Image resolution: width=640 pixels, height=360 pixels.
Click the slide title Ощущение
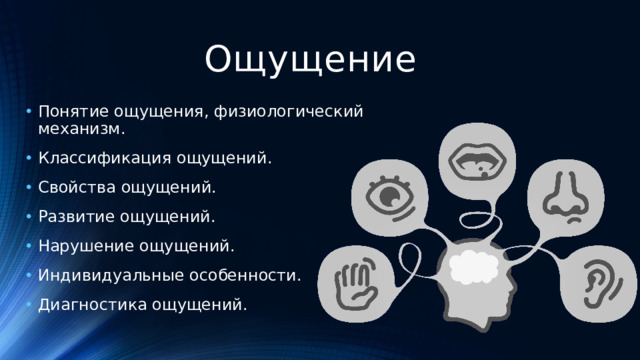(x=310, y=59)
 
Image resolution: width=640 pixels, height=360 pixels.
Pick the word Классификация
(x=104, y=158)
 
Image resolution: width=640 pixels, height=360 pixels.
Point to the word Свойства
(x=73, y=187)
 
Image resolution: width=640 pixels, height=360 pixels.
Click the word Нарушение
(x=80, y=245)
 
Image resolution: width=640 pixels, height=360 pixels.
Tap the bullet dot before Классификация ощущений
(x=27, y=159)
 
